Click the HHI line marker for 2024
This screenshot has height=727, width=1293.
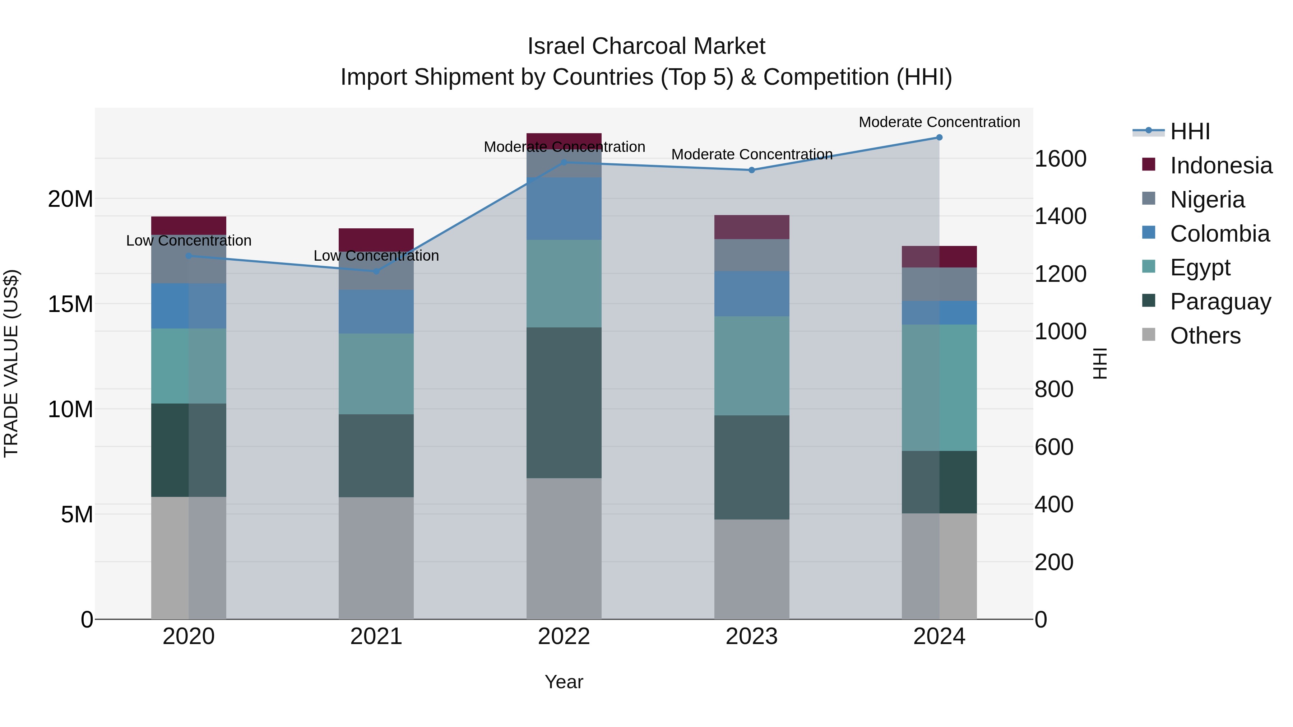click(x=939, y=138)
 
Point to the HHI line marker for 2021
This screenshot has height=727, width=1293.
click(x=376, y=271)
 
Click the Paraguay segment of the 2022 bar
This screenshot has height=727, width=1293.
click(x=564, y=403)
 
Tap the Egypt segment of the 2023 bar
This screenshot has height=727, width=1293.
click(x=751, y=366)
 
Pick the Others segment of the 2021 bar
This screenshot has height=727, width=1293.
click(x=376, y=558)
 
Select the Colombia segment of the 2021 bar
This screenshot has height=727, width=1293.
click(x=376, y=312)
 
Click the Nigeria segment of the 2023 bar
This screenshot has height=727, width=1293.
click(x=751, y=255)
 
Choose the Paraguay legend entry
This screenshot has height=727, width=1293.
click(x=1220, y=302)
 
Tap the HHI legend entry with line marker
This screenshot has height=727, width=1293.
click(x=1190, y=131)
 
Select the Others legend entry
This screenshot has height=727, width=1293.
click(x=1205, y=336)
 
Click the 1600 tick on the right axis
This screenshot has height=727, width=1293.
click(x=1060, y=159)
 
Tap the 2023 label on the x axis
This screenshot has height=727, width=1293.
click(x=751, y=637)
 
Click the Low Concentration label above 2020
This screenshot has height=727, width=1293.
click(x=189, y=241)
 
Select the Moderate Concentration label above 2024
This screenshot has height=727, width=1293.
click(x=939, y=122)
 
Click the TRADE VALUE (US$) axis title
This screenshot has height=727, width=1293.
click(x=11, y=363)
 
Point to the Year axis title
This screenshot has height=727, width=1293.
click(x=564, y=682)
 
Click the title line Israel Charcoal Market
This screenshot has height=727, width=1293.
click(x=646, y=46)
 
